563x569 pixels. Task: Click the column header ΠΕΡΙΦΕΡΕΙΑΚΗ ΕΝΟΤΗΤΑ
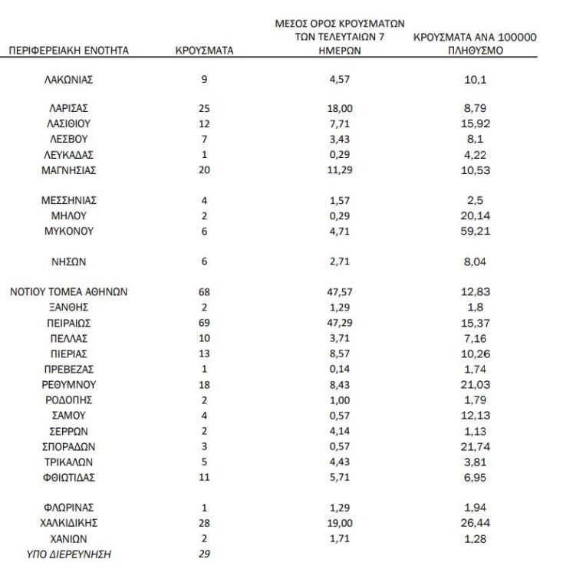(x=68, y=51)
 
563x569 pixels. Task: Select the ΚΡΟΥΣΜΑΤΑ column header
(x=204, y=51)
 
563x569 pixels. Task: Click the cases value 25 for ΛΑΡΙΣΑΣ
(x=204, y=109)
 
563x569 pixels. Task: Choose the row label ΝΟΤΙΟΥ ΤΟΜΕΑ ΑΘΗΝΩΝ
(x=68, y=291)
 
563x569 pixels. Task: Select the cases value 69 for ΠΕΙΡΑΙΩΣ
(x=204, y=322)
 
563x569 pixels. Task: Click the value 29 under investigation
(x=204, y=553)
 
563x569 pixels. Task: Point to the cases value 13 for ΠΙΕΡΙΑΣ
(x=204, y=354)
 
